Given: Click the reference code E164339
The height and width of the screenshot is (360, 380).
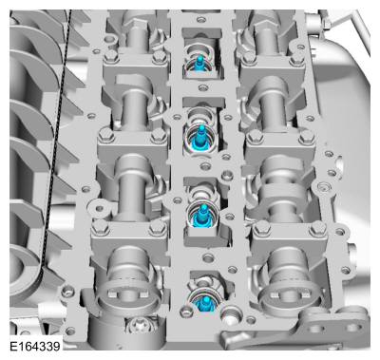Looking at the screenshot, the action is coord(35,346).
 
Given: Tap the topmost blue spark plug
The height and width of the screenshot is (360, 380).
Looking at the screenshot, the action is coord(199,64).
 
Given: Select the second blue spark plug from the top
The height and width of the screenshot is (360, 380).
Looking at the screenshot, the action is coord(199,137).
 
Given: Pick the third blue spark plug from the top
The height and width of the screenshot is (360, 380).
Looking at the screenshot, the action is coord(202,215).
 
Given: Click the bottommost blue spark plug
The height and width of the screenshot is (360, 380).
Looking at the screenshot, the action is coord(204,303).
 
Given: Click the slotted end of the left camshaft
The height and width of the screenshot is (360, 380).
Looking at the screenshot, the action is coord(127,296).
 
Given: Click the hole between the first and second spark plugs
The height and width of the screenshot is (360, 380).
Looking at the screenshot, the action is coord(203,87).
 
